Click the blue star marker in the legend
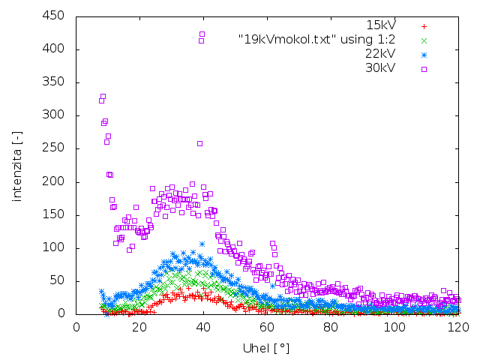(x=424, y=55)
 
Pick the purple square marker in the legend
(x=424, y=69)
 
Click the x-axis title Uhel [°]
(x=265, y=349)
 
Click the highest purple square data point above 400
(x=202, y=34)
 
